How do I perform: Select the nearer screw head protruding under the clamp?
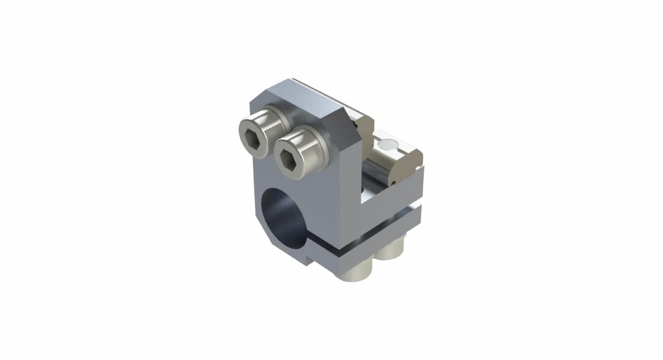(x=354, y=272)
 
